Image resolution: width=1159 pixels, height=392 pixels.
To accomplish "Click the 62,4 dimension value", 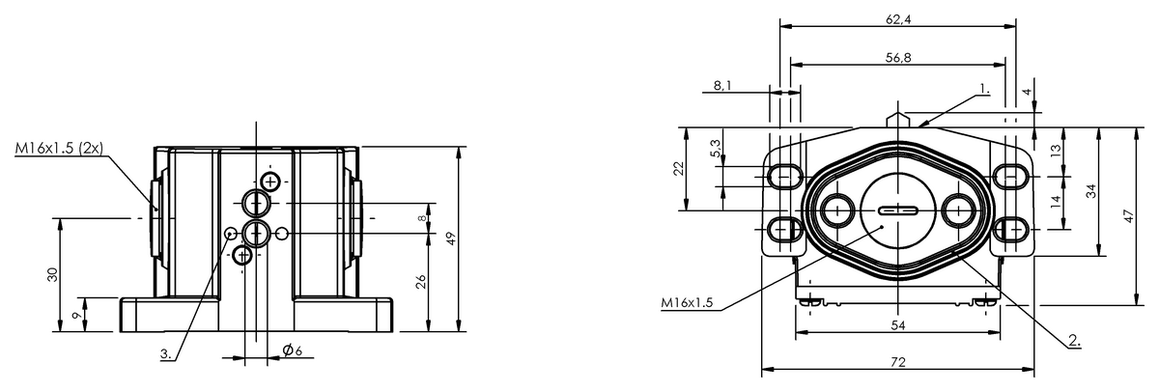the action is pyautogui.click(x=898, y=19).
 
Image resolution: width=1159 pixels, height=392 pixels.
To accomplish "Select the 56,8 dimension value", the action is pyautogui.click(x=898, y=57).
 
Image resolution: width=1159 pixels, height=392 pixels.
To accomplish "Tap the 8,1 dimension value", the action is pyautogui.click(x=722, y=85).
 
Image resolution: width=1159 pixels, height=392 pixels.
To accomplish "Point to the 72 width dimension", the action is pyautogui.click(x=899, y=362).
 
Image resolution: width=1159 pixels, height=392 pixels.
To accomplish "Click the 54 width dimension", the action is pyautogui.click(x=898, y=325).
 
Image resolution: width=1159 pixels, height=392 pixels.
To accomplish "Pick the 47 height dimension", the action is pyautogui.click(x=1128, y=215).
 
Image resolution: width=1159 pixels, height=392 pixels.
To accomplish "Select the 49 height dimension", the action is pyautogui.click(x=451, y=238).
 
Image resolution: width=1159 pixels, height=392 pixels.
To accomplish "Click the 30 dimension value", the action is pyautogui.click(x=52, y=274).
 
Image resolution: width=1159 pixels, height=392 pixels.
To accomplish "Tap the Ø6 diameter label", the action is pyautogui.click(x=293, y=350).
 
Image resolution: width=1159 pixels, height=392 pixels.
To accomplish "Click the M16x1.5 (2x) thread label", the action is pyautogui.click(x=59, y=148).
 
